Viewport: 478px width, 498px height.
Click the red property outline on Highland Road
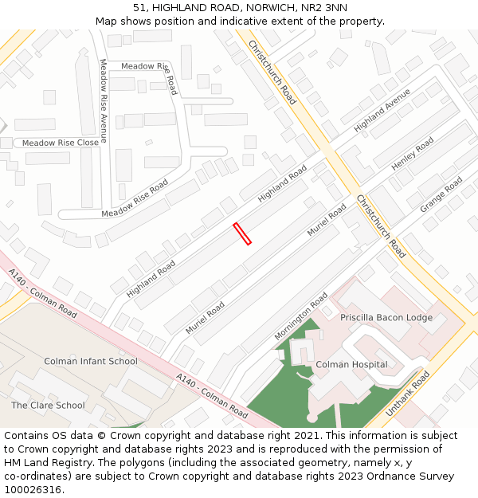click(x=242, y=233)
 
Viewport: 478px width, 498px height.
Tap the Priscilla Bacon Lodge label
click(x=386, y=317)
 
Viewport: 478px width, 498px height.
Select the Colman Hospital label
click(x=351, y=365)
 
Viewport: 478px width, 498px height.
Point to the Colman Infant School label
click(x=90, y=361)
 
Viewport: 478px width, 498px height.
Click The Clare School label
click(x=48, y=405)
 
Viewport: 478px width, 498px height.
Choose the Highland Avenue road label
click(x=382, y=111)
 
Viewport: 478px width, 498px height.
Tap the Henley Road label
click(x=413, y=154)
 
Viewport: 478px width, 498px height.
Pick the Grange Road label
click(x=441, y=194)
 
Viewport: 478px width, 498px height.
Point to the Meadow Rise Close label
click(x=61, y=143)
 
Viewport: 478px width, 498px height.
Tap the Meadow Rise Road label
click(x=135, y=198)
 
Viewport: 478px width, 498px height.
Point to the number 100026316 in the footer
click(x=34, y=489)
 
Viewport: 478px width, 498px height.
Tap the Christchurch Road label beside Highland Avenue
click(x=272, y=72)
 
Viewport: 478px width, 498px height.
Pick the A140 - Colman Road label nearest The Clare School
click(x=43, y=293)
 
